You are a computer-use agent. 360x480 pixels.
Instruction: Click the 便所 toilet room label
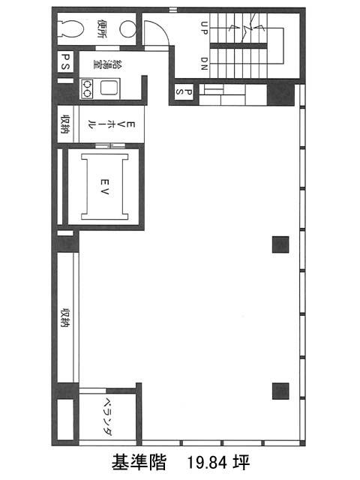pyautogui.click(x=102, y=28)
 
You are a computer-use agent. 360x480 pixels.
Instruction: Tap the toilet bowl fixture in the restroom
pyautogui.click(x=72, y=28)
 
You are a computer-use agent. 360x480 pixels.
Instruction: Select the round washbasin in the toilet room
pyautogui.click(x=127, y=28)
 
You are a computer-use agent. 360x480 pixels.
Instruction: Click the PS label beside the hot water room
pyautogui.click(x=66, y=61)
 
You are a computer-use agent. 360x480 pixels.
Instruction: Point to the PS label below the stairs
pyautogui.click(x=184, y=91)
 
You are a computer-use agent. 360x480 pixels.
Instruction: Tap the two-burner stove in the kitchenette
pyautogui.click(x=87, y=88)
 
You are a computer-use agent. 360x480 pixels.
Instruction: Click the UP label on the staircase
pyautogui.click(x=204, y=28)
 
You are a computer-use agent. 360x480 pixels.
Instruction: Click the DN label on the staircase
pyautogui.click(x=204, y=64)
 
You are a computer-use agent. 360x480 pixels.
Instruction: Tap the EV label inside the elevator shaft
pyautogui.click(x=104, y=187)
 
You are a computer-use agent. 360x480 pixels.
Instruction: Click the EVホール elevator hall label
pyautogui.click(x=112, y=124)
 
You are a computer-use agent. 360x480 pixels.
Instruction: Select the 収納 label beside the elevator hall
pyautogui.click(x=65, y=124)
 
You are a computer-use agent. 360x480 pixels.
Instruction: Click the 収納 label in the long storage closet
pyautogui.click(x=65, y=318)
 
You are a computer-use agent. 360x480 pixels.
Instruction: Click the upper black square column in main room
pyautogui.click(x=280, y=244)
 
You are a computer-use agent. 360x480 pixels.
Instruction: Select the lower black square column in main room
pyautogui.click(x=280, y=391)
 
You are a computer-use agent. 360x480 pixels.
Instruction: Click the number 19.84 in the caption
pyautogui.click(x=207, y=463)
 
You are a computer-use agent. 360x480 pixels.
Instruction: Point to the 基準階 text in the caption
pyautogui.click(x=139, y=462)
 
